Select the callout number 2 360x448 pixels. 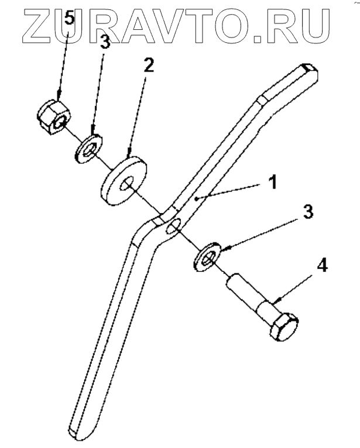(x=149, y=64)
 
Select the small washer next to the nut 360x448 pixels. (x=89, y=148)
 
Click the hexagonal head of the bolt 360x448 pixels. (x=284, y=326)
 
